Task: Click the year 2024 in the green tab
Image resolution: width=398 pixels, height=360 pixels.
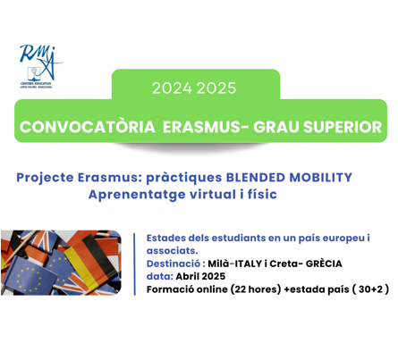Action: tap(172, 88)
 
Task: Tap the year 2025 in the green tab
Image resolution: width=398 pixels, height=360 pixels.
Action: tap(216, 88)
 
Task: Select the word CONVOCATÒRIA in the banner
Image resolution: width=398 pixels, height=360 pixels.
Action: tap(88, 127)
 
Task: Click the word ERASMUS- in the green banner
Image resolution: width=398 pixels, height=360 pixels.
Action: tap(206, 127)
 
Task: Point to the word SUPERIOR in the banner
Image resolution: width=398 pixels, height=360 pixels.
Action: tap(343, 127)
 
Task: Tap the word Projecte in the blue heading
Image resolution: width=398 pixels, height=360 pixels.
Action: tap(45, 178)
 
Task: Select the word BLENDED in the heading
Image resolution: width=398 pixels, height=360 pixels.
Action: tap(256, 177)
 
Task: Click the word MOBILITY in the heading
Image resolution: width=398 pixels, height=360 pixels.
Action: tap(321, 177)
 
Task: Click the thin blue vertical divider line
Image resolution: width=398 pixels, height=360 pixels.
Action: tap(135, 264)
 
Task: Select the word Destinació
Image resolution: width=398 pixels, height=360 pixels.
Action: tap(174, 264)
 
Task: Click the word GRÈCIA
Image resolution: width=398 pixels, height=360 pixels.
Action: tap(324, 264)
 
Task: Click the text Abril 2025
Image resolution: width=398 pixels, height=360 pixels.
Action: tap(200, 276)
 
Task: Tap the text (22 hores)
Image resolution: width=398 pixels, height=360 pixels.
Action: tap(256, 289)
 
